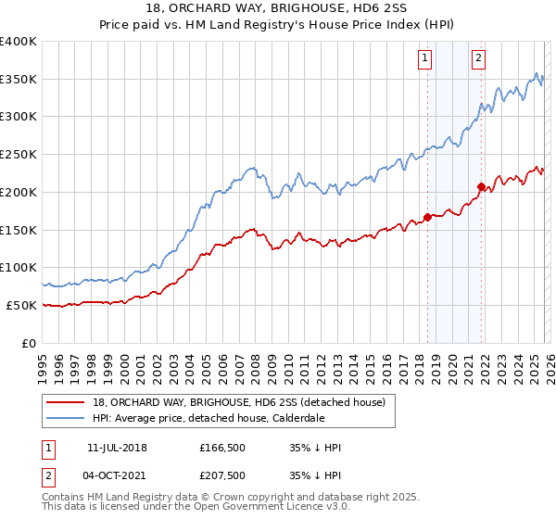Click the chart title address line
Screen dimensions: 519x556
pyautogui.click(x=277, y=10)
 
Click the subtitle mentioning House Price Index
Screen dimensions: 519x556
pyautogui.click(x=277, y=25)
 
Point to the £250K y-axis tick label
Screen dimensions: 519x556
pyautogui.click(x=19, y=154)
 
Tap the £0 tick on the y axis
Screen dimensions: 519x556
pyautogui.click(x=31, y=343)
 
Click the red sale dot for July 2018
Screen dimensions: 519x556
pyautogui.click(x=427, y=218)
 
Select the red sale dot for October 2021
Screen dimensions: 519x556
pyautogui.click(x=481, y=186)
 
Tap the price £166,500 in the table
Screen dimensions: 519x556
pyautogui.click(x=220, y=448)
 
